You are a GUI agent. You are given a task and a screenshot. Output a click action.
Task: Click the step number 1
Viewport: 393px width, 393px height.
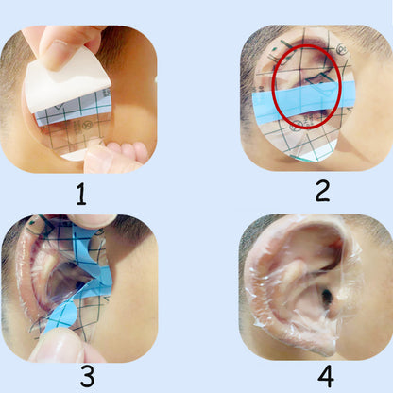[x=81, y=195]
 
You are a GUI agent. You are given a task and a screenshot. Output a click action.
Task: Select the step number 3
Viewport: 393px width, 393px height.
[x=87, y=375]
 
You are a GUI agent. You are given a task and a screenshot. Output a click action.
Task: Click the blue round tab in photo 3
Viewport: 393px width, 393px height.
[x=67, y=315]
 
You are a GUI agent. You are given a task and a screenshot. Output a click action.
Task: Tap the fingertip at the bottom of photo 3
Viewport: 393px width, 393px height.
[x=52, y=347]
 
